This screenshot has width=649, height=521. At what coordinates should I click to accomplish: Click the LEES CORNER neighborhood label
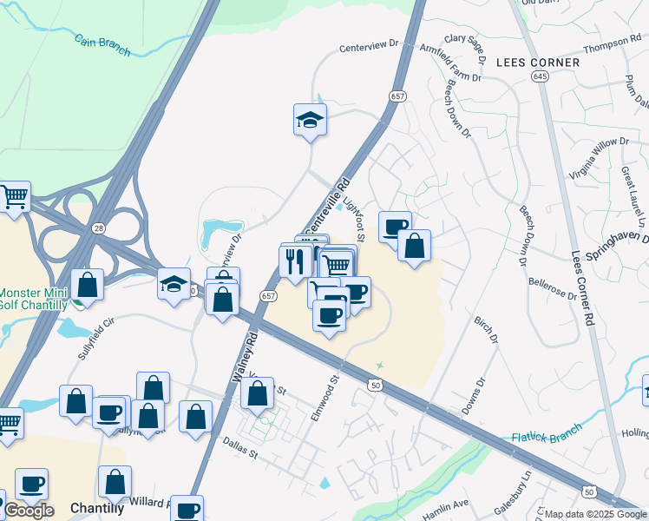point(538,63)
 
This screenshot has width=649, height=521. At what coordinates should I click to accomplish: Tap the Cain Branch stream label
point(102,45)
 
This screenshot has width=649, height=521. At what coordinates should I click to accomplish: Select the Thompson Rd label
point(612,44)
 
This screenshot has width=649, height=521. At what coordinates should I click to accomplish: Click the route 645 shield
point(541,77)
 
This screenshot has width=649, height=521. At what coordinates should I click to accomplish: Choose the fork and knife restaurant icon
point(295,260)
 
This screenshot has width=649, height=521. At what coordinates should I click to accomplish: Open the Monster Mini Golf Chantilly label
point(33,299)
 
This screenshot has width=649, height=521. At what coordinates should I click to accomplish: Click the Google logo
point(29,510)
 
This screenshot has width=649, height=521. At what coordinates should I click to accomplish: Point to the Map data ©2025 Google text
point(595,514)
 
